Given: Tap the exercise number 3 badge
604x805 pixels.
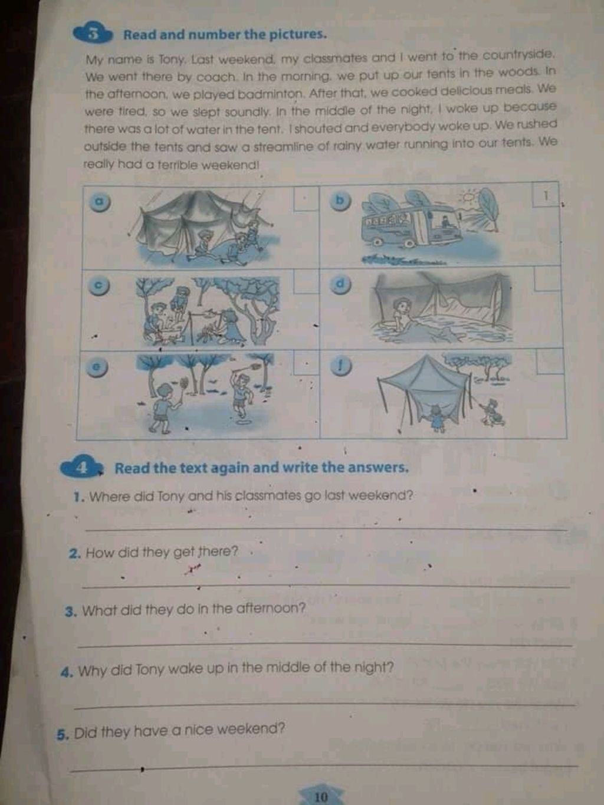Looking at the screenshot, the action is (x=93, y=34).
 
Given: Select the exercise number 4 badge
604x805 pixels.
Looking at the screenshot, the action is (x=82, y=468).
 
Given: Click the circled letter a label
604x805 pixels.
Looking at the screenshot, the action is (x=99, y=202).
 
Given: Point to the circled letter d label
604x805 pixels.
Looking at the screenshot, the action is (x=341, y=285).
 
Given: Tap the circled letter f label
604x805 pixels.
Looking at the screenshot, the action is (x=341, y=366).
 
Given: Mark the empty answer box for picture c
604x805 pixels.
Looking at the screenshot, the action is (x=306, y=282).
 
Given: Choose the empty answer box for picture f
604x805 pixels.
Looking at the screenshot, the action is (x=550, y=362).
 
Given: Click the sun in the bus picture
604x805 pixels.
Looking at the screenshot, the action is (x=468, y=198).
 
